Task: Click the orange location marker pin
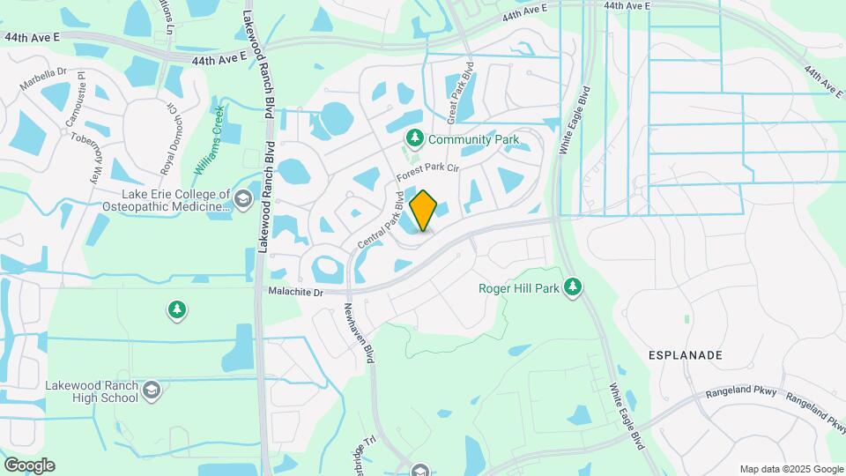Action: click(424, 211)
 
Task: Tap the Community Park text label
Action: click(472, 139)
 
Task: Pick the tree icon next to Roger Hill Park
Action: click(574, 286)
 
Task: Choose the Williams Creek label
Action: click(210, 138)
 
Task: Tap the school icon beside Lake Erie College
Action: click(242, 202)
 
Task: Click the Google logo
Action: click(29, 465)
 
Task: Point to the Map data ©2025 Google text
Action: click(790, 469)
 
